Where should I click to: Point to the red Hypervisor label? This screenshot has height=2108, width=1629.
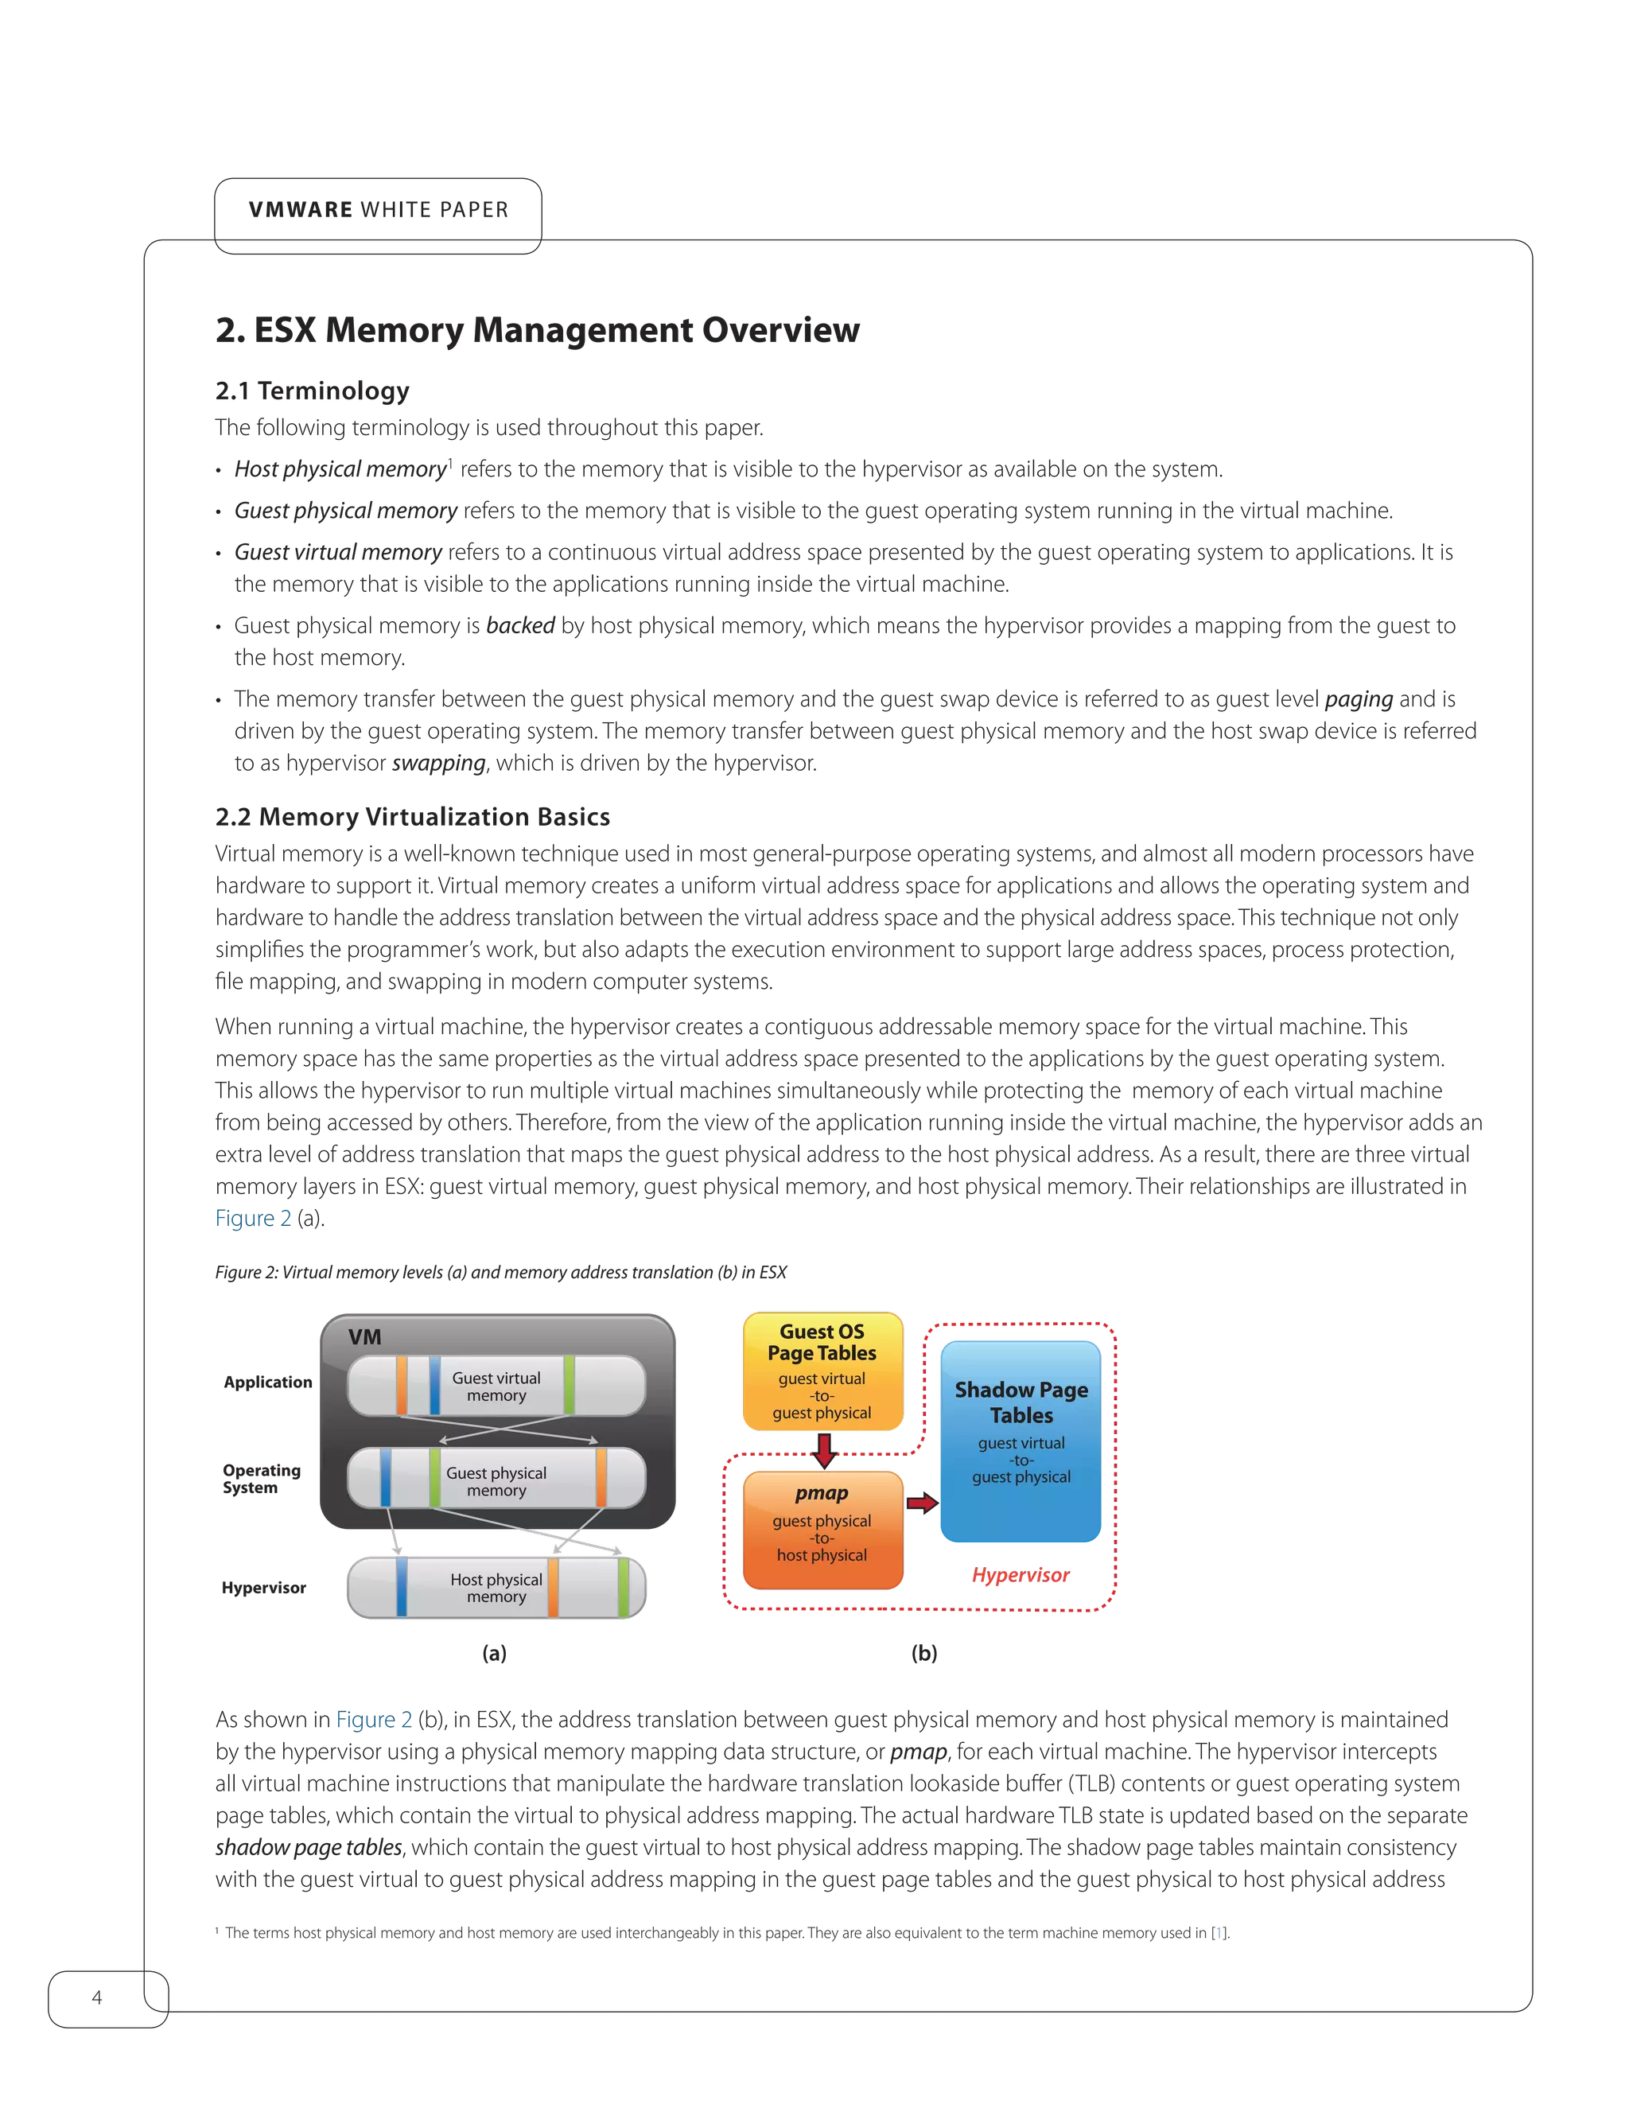point(1020,1575)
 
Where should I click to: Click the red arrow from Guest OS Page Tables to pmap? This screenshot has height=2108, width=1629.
point(823,1449)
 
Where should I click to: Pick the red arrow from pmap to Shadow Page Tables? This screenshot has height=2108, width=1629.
point(922,1503)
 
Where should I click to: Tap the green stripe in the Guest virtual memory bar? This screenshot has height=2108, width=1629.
point(570,1385)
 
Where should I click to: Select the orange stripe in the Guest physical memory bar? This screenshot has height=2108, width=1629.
point(601,1478)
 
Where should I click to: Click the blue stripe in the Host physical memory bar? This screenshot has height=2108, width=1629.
point(401,1587)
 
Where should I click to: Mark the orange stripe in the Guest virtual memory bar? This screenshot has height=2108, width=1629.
point(402,1385)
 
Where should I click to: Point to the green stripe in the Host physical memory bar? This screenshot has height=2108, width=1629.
point(624,1587)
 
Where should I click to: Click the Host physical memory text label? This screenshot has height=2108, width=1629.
point(496,1588)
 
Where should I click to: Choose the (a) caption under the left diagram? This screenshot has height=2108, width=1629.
point(494,1654)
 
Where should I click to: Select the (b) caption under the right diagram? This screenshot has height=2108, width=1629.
point(923,1654)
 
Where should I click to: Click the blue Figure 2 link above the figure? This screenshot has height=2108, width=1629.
point(253,1218)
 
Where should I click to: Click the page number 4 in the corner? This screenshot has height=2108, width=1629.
point(95,1997)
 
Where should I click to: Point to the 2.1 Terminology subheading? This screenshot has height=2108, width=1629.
point(313,391)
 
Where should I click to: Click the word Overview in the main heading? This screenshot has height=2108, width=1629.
point(780,330)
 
